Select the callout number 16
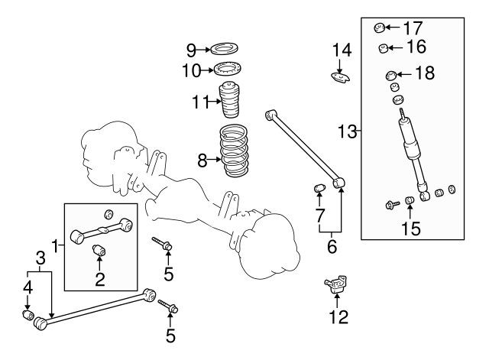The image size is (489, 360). (x=415, y=47)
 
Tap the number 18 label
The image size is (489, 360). (x=423, y=73)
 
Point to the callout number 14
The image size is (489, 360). (x=341, y=50)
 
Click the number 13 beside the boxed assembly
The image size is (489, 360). (x=348, y=132)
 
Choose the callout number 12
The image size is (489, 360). (x=337, y=316)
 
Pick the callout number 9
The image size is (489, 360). (x=191, y=50)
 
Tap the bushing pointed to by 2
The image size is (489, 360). (x=99, y=251)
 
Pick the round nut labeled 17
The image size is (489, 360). (x=378, y=29)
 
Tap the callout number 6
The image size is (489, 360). (x=332, y=247)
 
